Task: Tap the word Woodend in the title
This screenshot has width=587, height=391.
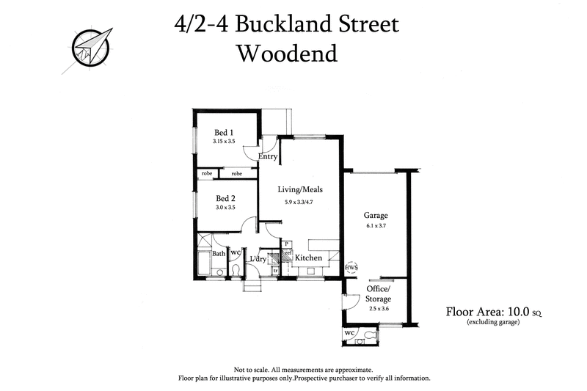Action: [x=287, y=54]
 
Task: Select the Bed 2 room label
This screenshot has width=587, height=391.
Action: [x=225, y=198]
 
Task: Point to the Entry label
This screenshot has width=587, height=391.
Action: [x=268, y=156]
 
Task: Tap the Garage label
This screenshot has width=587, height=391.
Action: [x=376, y=216]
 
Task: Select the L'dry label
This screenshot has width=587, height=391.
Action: [x=258, y=259]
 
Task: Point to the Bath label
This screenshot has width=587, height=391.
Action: [x=219, y=254]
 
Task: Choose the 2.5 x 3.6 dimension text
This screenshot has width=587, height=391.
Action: [x=379, y=308]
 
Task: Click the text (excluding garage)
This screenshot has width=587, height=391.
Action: [x=494, y=322]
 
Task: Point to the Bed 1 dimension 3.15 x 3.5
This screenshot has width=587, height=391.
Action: [x=224, y=141]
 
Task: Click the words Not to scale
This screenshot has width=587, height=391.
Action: [x=255, y=370]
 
